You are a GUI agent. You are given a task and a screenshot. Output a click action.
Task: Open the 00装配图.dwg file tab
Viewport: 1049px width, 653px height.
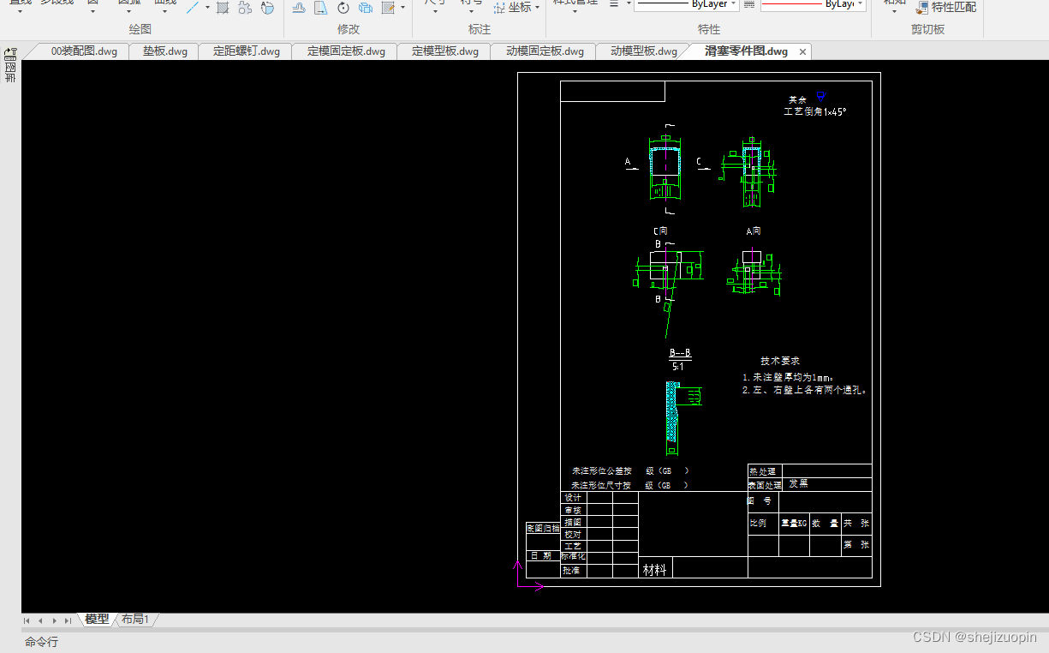[x=83, y=51]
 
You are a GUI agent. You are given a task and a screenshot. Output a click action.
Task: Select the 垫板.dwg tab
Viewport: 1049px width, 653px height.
[x=164, y=51]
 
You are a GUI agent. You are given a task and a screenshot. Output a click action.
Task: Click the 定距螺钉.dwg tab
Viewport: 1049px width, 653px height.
[x=246, y=51]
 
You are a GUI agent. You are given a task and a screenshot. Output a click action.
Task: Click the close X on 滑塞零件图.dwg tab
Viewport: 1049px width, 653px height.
[x=802, y=51]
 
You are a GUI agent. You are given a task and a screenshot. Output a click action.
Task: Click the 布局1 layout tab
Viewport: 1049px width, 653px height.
[x=134, y=619]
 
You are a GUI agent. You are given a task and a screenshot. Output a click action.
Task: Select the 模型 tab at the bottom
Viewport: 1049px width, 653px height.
[x=97, y=619]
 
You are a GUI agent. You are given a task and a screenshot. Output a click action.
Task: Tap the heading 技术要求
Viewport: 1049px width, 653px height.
[x=779, y=361]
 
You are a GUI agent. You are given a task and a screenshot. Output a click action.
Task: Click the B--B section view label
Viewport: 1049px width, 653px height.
[x=679, y=353]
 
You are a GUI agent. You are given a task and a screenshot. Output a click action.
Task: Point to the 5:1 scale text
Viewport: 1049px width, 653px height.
[x=677, y=366]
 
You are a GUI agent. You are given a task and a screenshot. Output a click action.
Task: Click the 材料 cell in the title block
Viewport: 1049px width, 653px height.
[x=654, y=569]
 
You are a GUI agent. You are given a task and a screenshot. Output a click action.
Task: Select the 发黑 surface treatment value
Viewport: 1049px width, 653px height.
[x=798, y=483]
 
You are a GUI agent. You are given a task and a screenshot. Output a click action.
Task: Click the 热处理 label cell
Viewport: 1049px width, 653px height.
[x=762, y=471]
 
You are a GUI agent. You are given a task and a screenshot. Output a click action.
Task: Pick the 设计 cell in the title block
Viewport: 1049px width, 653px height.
[x=573, y=498]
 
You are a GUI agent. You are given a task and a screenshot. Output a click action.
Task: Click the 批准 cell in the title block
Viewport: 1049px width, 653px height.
[x=571, y=570]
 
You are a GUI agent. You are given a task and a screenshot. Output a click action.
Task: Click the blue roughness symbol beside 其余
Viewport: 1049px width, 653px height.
[x=821, y=97]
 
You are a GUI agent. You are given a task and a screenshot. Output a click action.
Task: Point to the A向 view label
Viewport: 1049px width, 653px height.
[x=754, y=231]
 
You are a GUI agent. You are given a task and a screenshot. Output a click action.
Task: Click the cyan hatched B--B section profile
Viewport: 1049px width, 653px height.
[x=672, y=411]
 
